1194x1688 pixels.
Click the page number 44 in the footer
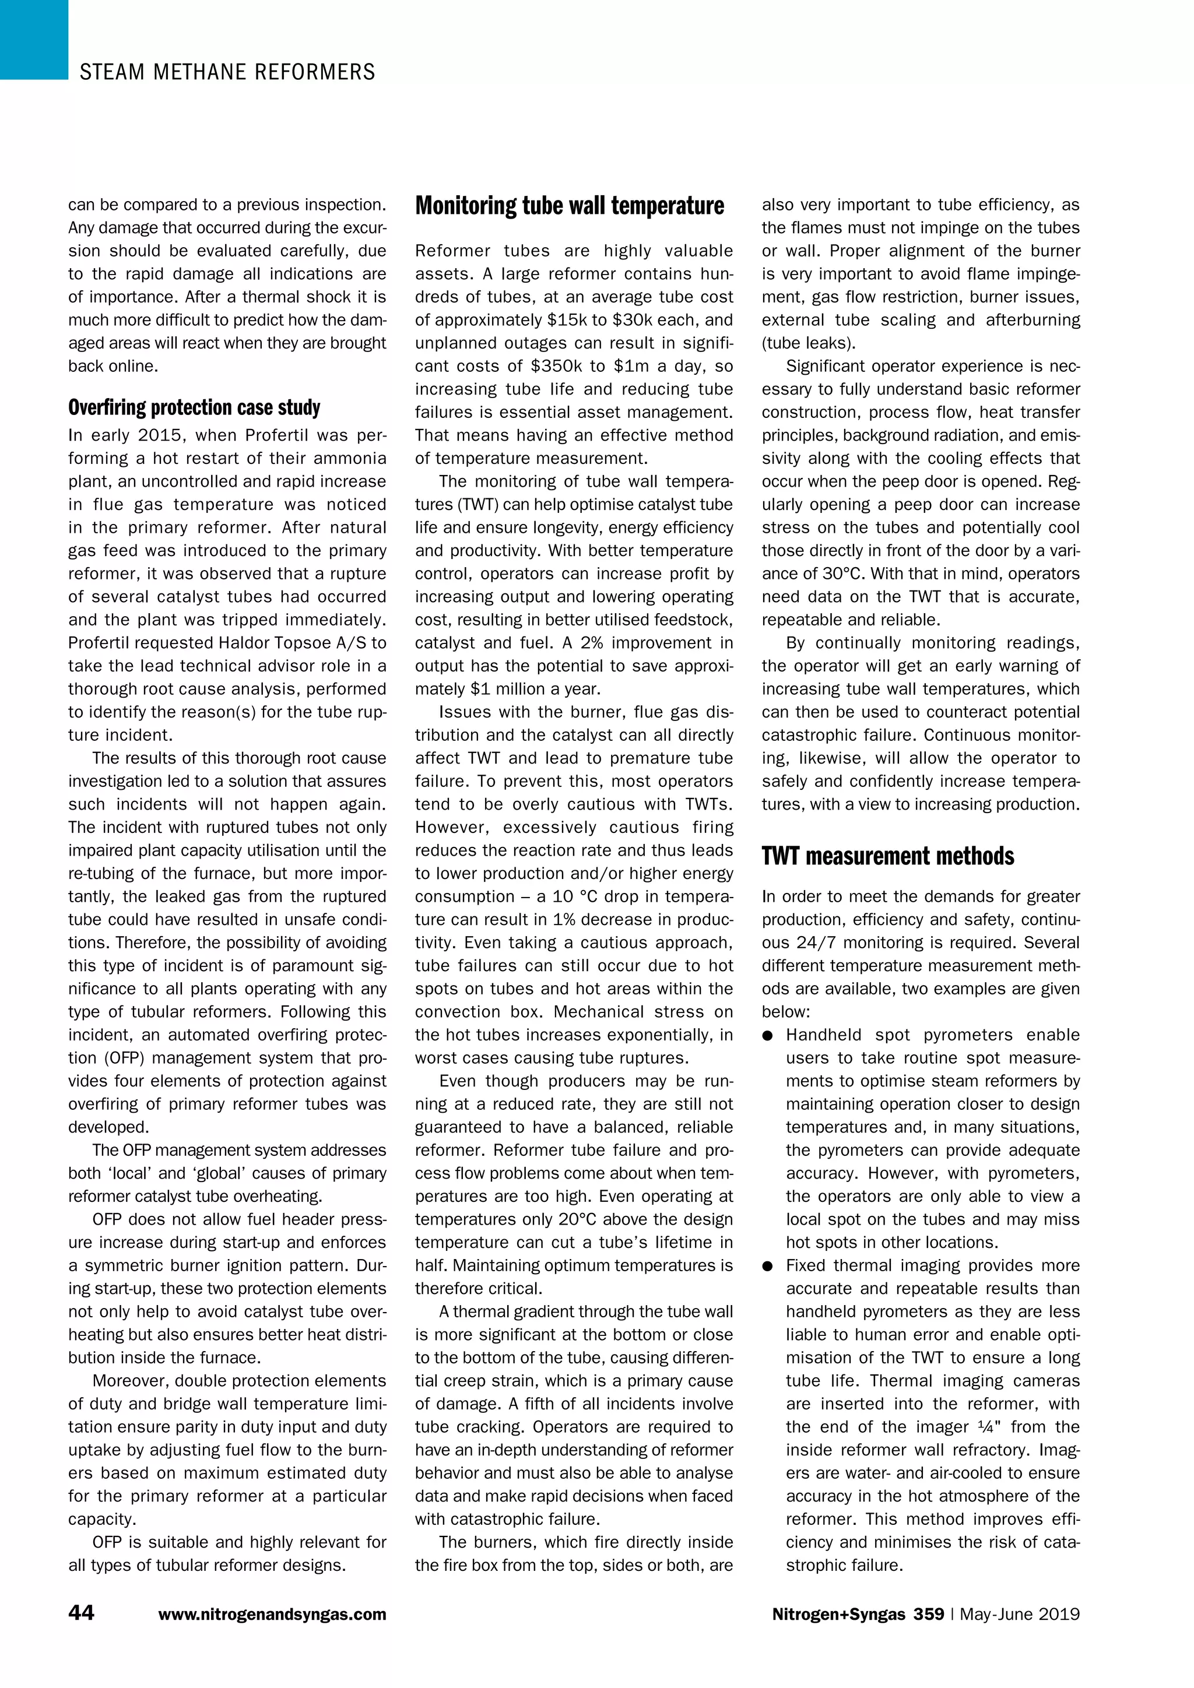81,1613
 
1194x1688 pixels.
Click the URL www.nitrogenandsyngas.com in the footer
272,1615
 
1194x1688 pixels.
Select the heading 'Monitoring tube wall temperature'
570,206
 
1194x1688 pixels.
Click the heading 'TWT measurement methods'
887,856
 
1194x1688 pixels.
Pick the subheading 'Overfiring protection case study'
194,407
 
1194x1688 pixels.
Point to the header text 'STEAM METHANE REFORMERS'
227,72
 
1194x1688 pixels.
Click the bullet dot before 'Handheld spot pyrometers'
768,1036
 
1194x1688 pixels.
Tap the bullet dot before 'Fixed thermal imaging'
768,1267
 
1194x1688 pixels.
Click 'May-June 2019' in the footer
1019,1614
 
